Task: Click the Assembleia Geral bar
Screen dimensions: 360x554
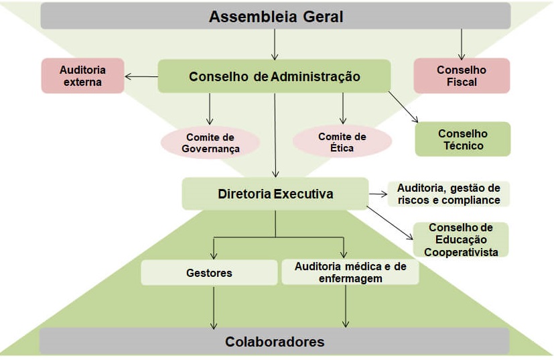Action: tap(276, 17)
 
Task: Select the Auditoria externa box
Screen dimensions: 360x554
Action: tap(83, 75)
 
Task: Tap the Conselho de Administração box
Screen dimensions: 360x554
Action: tap(274, 76)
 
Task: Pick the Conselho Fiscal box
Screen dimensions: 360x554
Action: tap(461, 75)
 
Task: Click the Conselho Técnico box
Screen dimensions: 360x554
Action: tap(462, 139)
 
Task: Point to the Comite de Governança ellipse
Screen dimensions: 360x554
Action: tap(210, 142)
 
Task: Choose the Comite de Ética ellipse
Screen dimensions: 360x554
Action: tap(342, 142)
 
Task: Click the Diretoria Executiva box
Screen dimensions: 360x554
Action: tap(275, 194)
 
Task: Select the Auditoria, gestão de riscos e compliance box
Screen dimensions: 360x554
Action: tap(448, 194)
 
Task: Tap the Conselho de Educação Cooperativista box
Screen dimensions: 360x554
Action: tap(460, 239)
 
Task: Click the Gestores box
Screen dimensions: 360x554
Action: tap(209, 273)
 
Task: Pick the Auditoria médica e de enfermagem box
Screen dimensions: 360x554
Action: tap(349, 272)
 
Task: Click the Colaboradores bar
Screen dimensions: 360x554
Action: tap(275, 341)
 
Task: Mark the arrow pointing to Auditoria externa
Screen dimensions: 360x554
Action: tap(141, 76)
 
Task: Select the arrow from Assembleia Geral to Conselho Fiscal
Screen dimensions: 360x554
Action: tap(461, 44)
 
